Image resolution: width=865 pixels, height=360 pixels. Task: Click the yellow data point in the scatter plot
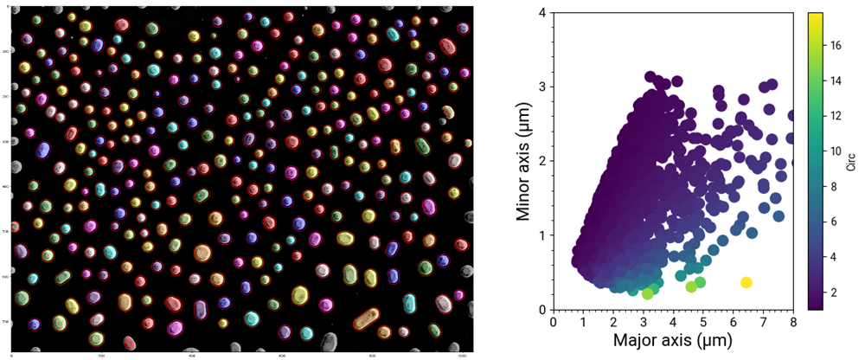746,282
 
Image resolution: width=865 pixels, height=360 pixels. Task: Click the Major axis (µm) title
672,343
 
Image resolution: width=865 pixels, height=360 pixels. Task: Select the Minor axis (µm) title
522,161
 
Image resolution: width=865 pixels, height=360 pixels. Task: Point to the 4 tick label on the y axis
541,13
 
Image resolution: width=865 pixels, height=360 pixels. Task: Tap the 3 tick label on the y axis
541,87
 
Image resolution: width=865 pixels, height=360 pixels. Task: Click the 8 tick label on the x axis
793,322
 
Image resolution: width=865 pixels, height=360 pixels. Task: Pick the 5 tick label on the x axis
703,322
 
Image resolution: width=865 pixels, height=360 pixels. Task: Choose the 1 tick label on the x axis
583,322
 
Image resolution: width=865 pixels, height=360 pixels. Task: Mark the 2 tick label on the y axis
541,162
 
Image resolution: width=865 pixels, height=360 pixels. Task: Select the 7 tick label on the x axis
763,322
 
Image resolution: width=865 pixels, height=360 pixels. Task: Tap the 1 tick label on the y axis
541,235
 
